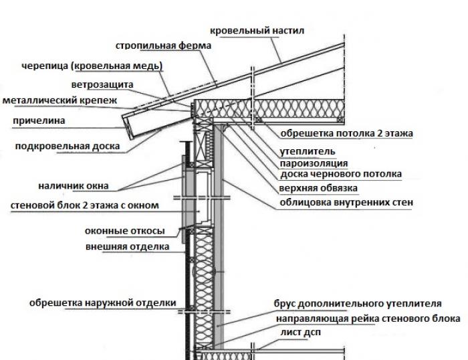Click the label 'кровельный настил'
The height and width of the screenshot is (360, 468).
tap(257, 31)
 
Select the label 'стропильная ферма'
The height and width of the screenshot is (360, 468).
tap(163, 46)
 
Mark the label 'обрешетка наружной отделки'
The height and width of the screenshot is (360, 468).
tap(102, 302)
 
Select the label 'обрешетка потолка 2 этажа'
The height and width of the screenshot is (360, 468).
tap(346, 133)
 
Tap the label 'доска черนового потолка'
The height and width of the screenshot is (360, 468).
tap(340, 174)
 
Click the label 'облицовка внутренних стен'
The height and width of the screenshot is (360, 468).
tap(346, 202)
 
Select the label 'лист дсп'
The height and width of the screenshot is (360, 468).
tap(295, 333)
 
